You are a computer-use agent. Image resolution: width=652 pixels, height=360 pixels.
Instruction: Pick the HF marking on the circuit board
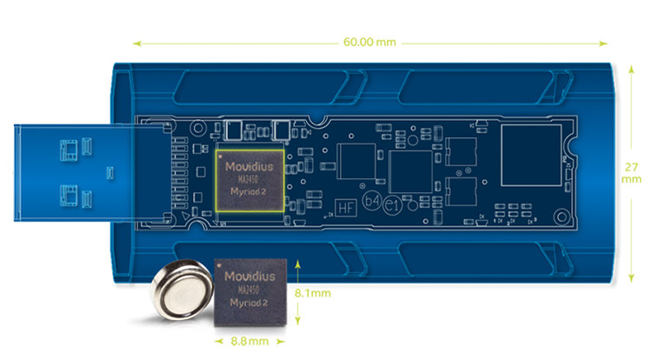point(345,208)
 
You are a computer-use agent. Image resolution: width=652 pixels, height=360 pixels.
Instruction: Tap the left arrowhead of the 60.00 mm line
point(136,40)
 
